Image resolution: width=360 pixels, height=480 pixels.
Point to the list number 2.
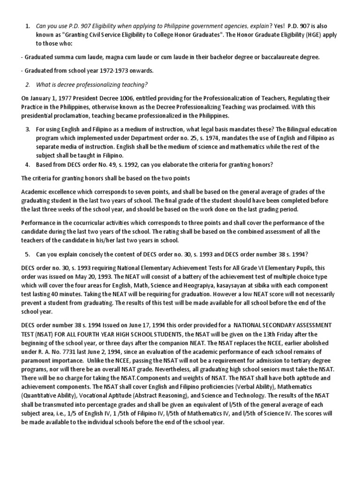click(27, 84)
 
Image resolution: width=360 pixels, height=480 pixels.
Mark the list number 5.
click(27, 254)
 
